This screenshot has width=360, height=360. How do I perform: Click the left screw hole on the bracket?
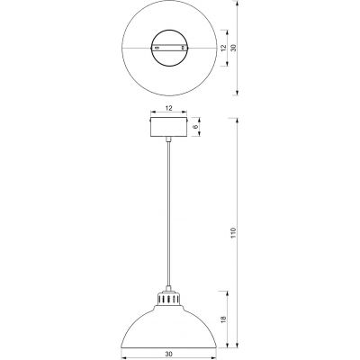[158, 47]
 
